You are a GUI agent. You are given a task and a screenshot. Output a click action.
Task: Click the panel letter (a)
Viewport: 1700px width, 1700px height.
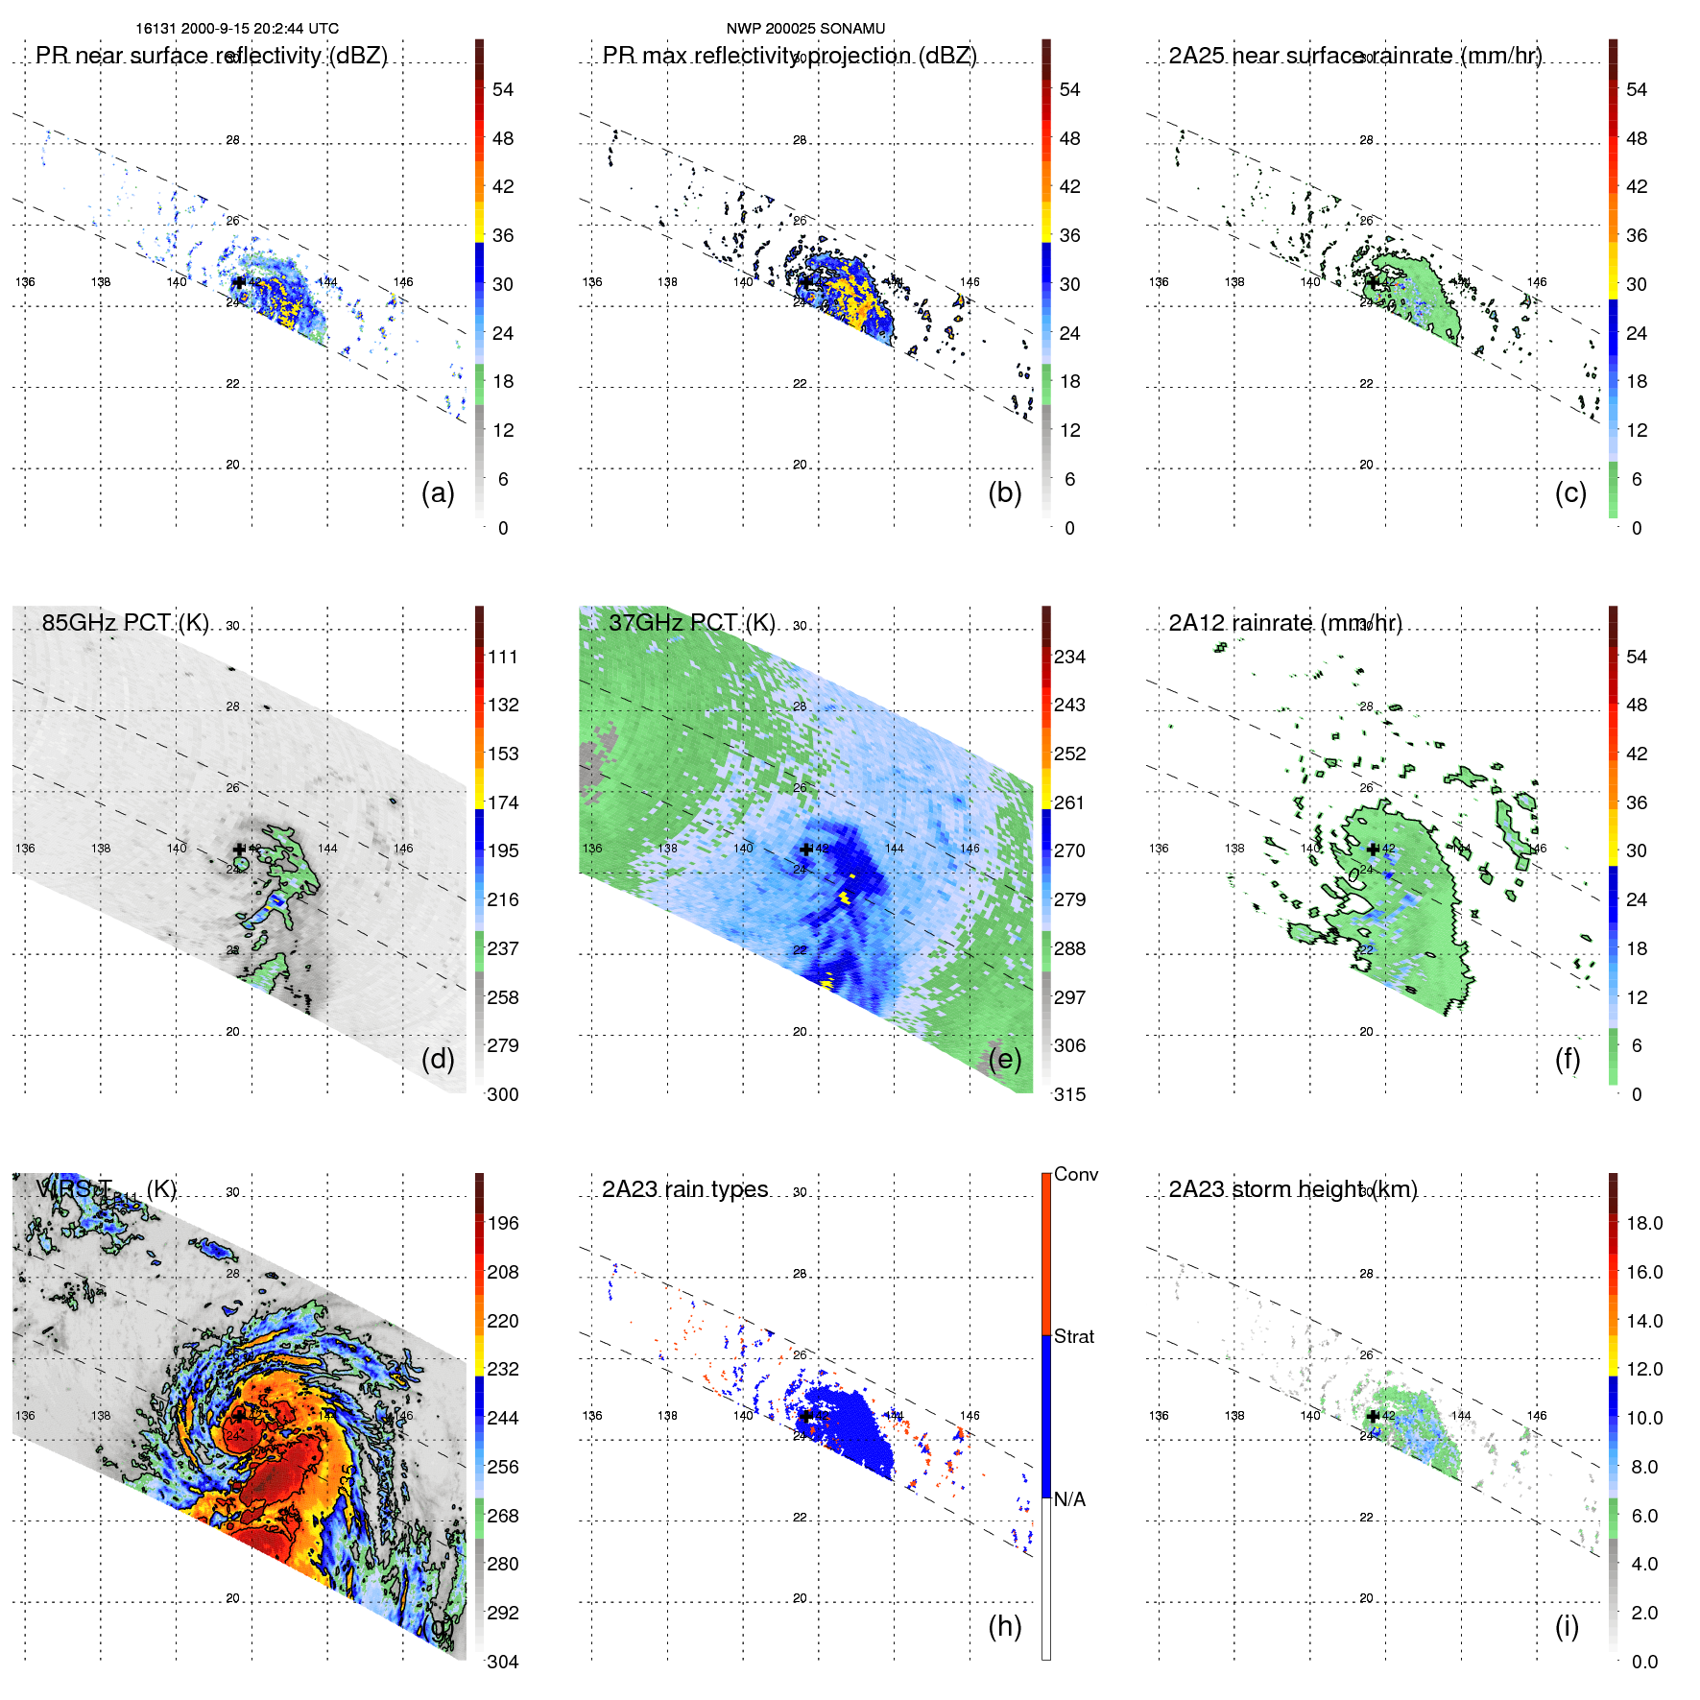(438, 493)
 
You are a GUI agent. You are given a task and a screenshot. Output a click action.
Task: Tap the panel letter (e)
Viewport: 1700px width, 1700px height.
(1005, 1060)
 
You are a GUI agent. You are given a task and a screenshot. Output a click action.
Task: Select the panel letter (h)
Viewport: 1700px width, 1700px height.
(1005, 1626)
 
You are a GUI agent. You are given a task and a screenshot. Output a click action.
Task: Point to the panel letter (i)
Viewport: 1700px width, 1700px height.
(1567, 1626)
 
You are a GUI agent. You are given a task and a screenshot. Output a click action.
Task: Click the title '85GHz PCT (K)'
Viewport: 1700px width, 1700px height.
(126, 623)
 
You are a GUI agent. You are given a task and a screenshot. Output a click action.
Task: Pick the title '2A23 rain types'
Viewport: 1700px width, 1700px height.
(685, 1189)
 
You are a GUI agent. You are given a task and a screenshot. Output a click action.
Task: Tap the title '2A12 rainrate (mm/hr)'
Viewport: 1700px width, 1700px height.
(1285, 623)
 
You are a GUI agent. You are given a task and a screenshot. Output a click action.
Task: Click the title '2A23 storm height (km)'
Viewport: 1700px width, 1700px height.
(1293, 1189)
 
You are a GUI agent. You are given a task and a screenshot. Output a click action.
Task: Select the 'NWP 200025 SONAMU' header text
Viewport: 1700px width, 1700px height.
(805, 29)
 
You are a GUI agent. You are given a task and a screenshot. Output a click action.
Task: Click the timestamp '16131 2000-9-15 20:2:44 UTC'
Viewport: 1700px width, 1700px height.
(237, 29)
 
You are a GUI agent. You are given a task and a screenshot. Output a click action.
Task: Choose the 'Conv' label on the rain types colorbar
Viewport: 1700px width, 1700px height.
(1076, 1174)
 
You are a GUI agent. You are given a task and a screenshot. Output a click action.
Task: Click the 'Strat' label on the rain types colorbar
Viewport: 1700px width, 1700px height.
(1074, 1336)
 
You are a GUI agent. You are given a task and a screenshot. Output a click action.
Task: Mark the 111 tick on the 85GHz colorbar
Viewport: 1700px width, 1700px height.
(503, 658)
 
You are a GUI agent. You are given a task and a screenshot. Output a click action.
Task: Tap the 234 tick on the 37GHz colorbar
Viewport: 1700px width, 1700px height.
(1069, 658)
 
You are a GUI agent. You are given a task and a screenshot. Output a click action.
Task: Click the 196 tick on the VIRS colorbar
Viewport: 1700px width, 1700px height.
(503, 1224)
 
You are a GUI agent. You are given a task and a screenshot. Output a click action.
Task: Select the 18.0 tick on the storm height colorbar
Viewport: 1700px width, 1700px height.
(1644, 1224)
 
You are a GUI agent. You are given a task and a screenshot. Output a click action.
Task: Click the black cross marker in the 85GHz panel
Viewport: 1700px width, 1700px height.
(240, 850)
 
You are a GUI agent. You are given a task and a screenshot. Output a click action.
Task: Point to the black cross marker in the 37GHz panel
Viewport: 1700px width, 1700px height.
(806, 850)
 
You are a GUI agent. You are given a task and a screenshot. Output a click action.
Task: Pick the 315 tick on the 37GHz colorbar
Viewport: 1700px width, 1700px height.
(1069, 1095)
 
